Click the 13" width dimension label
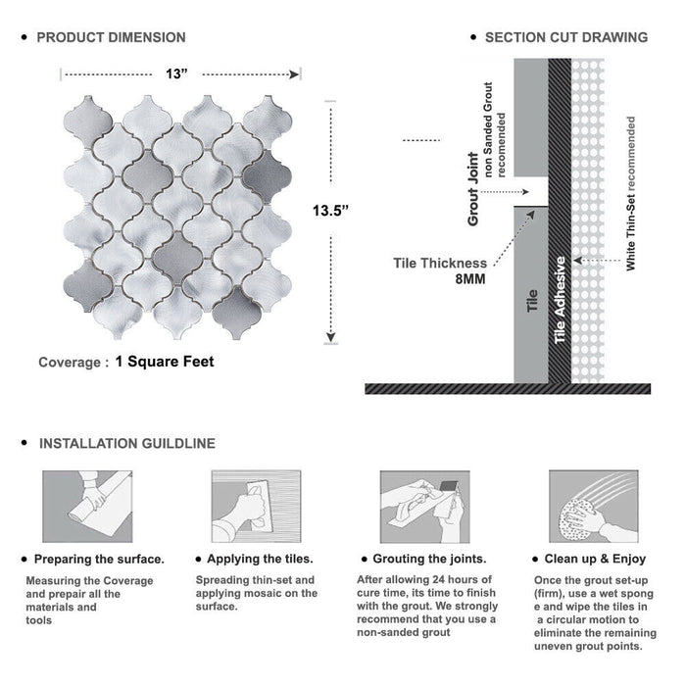coord(176,73)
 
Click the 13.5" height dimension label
coord(330,211)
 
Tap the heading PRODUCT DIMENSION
coord(111,37)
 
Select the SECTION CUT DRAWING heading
coord(566,37)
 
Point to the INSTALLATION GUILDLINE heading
coord(127,444)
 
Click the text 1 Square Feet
coord(165,362)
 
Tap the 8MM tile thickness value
coord(470,279)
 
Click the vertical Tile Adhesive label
coord(560,300)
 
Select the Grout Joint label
coord(473,189)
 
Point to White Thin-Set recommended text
coord(630,193)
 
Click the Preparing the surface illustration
coord(87,507)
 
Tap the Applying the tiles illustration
coord(257,507)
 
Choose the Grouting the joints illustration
coord(424,507)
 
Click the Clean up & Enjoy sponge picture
coord(594,507)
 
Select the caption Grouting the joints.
coord(429,559)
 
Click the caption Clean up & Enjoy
coord(595,559)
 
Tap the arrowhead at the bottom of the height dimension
coord(331,337)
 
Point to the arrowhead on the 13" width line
coord(294,74)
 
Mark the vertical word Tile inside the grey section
coord(532,300)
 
